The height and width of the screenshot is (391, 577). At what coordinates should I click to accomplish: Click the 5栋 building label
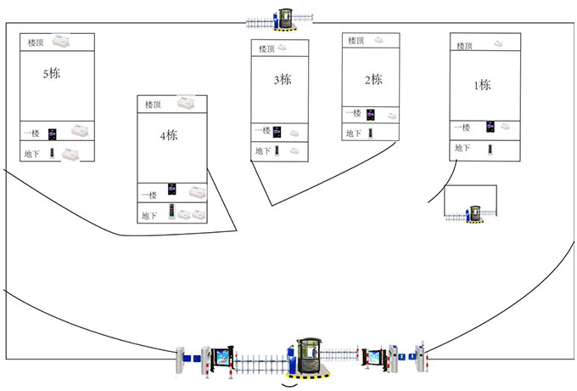point(52,74)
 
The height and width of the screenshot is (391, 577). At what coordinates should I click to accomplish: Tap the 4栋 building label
point(168,136)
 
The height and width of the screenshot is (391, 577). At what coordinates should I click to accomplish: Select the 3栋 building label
point(282,81)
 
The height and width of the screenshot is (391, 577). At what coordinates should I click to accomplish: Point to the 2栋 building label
point(373,80)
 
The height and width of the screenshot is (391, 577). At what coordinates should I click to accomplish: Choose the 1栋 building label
point(482,85)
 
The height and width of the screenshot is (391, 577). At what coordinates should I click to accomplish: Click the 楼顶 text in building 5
point(36,42)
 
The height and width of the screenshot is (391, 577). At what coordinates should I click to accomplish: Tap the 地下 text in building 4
point(150,215)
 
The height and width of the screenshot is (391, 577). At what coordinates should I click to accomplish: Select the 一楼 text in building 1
point(462,127)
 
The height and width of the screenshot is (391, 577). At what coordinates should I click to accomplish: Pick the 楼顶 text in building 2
point(355,41)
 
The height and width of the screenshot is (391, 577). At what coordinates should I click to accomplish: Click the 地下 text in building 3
point(264,151)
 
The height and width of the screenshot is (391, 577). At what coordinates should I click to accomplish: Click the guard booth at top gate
point(283,18)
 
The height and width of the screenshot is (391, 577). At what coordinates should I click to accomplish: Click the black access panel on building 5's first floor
point(53,133)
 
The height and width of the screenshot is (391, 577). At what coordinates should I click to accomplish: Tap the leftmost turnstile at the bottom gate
point(180,361)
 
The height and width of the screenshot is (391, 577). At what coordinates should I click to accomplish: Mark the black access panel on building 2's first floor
point(370,113)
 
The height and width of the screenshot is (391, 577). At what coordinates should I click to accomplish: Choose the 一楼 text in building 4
point(149,195)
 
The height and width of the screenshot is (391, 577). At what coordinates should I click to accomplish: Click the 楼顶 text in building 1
point(465,46)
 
